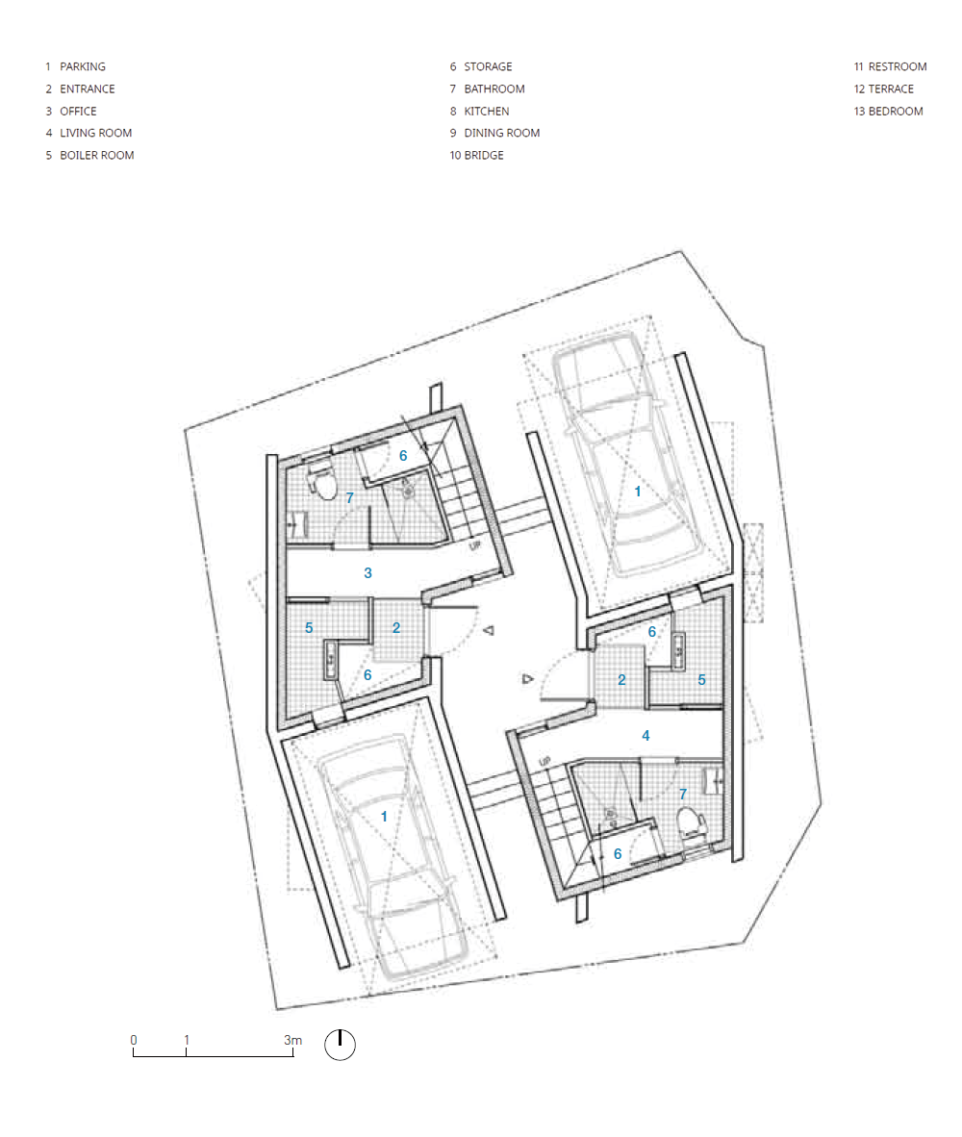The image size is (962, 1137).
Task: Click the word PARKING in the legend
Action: pyautogui.click(x=83, y=66)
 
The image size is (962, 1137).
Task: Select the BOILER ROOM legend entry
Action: pyautogui.click(x=89, y=155)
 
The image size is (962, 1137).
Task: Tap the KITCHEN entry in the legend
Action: pyautogui.click(x=479, y=111)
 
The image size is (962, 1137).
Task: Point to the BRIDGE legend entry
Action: pyautogui.click(x=476, y=155)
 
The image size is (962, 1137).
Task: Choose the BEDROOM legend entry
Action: pyautogui.click(x=888, y=111)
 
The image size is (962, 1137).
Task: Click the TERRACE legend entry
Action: pyautogui.click(x=884, y=88)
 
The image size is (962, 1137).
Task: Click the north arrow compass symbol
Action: pyautogui.click(x=340, y=1045)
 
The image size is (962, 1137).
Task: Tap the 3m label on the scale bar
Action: pyautogui.click(x=292, y=1040)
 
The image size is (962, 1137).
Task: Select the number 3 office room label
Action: pyautogui.click(x=367, y=573)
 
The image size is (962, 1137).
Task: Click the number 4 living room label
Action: pyautogui.click(x=646, y=735)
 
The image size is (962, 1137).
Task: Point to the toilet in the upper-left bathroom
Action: pyautogui.click(x=323, y=482)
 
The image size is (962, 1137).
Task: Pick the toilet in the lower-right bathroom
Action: pyautogui.click(x=692, y=822)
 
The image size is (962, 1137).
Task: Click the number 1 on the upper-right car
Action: pyautogui.click(x=638, y=491)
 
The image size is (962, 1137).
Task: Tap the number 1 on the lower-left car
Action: pyautogui.click(x=384, y=817)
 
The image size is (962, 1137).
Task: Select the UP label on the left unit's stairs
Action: pyautogui.click(x=475, y=545)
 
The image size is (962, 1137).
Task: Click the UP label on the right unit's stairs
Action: pyautogui.click(x=544, y=762)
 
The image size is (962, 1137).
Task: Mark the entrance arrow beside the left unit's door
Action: pyautogui.click(x=490, y=630)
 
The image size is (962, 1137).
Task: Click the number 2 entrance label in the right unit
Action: pyautogui.click(x=621, y=679)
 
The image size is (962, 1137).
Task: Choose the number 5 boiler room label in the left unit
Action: pyautogui.click(x=309, y=627)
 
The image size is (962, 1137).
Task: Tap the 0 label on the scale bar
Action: pyautogui.click(x=134, y=1040)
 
